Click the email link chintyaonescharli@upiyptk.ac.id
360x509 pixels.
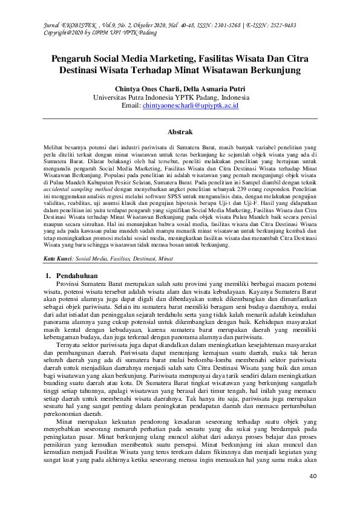pyautogui.click(x=191, y=106)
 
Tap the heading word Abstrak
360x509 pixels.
pyautogui.click(x=180, y=132)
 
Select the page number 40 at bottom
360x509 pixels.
pyautogui.click(x=313, y=476)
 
